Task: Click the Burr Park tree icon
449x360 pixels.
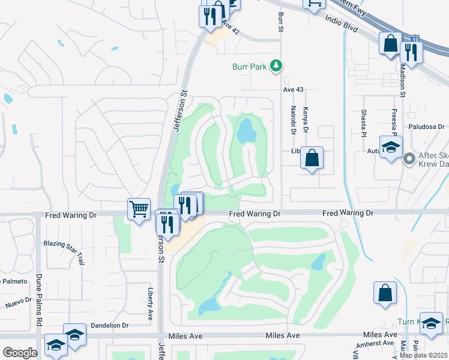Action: pyautogui.click(x=276, y=66)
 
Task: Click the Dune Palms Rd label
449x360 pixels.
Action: pyautogui.click(x=38, y=300)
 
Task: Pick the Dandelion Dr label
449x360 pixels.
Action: pyautogui.click(x=109, y=325)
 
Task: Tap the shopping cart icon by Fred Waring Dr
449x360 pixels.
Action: pyautogui.click(x=139, y=209)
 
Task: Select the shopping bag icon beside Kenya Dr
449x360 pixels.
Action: pyautogui.click(x=312, y=158)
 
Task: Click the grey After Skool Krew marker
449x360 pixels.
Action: pyautogui.click(x=409, y=159)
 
